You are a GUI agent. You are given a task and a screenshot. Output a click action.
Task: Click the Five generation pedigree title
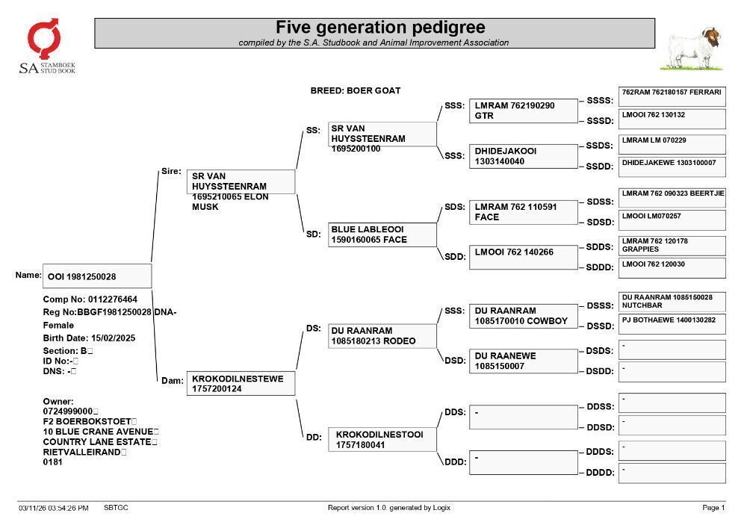pos(380,27)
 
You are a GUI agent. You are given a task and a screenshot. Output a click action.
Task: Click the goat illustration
pos(693,49)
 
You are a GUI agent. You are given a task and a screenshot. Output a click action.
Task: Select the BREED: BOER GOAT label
pos(356,90)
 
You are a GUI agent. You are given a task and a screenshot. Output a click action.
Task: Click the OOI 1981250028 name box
pos(97,276)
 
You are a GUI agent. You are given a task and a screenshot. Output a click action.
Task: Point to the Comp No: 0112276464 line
pos(90,299)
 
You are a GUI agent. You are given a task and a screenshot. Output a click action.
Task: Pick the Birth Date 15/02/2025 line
pos(89,338)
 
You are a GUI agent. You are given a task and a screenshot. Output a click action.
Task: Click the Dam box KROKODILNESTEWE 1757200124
pos(241,383)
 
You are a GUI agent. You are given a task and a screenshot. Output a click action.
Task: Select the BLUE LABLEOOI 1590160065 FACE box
pos(382,235)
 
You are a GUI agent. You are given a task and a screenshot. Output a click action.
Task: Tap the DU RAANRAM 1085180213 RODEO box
pos(382,336)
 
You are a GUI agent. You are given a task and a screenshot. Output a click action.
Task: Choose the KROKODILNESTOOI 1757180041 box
pos(382,439)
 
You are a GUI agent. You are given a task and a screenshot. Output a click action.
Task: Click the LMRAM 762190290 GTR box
pos(524,111)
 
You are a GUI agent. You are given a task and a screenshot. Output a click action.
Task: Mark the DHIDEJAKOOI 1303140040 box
pos(524,156)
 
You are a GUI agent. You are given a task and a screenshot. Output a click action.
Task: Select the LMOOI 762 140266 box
pos(524,258)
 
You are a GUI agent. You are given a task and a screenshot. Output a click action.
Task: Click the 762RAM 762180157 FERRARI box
pos(672,97)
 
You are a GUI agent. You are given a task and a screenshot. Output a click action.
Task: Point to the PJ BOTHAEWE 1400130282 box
pos(672,324)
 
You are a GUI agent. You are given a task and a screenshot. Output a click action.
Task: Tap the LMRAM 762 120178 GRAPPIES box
pos(672,246)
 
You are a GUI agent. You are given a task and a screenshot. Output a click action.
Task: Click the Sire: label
pos(172,171)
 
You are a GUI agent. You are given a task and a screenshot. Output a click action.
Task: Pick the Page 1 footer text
pos(713,508)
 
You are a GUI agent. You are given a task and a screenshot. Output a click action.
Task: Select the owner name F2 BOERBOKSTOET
pos(87,421)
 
